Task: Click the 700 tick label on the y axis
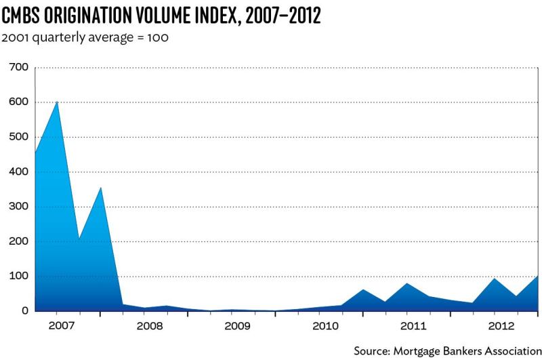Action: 19,67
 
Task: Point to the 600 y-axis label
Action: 19,102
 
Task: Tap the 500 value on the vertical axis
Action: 19,137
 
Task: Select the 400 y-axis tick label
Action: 19,172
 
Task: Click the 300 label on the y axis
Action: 19,207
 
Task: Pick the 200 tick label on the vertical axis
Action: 19,241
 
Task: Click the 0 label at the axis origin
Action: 25,311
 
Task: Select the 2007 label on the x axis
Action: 61,326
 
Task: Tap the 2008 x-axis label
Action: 149,326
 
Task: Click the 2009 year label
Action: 237,326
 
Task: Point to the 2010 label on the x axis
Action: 325,326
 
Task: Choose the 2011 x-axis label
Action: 413,326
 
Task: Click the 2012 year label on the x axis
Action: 501,326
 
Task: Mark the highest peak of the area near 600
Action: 57,101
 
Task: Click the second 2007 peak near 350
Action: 100,187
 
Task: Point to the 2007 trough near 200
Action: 79,238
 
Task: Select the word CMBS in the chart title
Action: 20,16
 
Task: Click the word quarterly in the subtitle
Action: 58,37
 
